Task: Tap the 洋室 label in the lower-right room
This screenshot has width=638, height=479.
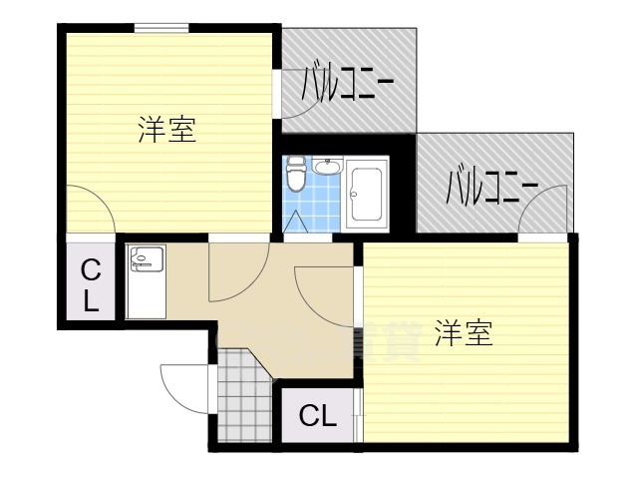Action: (464, 334)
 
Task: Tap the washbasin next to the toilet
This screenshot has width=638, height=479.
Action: (329, 168)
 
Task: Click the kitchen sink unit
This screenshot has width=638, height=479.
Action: (148, 281)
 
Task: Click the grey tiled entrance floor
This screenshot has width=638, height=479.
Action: (242, 399)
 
